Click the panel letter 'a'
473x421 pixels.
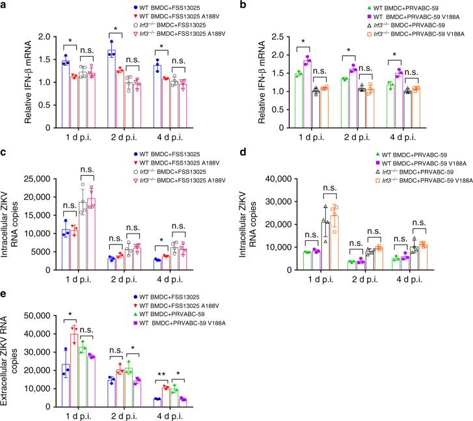click(x=5, y=6)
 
